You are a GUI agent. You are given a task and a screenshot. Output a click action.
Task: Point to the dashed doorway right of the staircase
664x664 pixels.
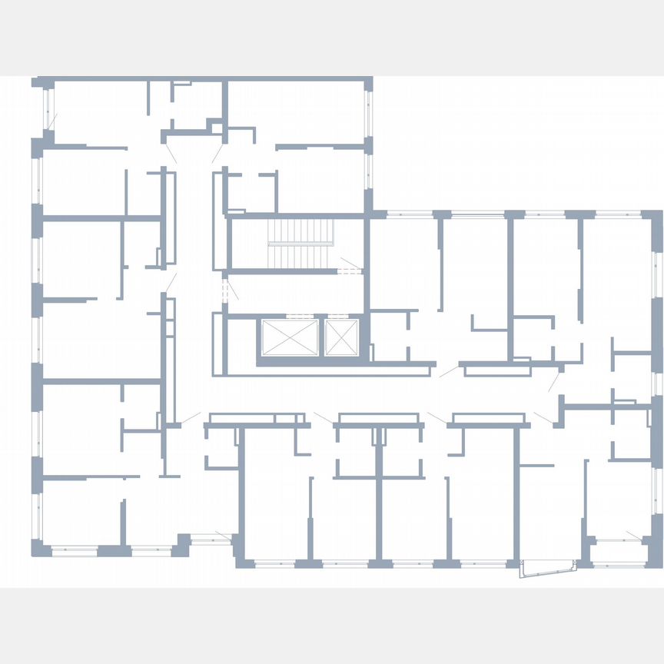[350, 269]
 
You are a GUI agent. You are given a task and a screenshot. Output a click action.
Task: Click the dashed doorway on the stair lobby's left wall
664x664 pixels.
[225, 290]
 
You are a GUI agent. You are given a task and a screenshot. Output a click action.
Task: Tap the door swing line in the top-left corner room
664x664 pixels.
[52, 121]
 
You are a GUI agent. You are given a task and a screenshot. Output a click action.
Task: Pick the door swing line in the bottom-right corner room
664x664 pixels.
[632, 534]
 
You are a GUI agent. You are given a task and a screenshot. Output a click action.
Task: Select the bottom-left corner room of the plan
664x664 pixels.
[77, 511]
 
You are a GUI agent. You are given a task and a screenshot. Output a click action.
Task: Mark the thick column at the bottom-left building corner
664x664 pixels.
[38, 547]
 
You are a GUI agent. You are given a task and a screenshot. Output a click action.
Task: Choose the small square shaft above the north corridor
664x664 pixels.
[215, 126]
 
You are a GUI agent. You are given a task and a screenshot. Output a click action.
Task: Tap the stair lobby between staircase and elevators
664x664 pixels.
[292, 292]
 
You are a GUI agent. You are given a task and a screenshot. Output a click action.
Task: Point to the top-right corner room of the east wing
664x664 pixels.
[615, 277]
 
